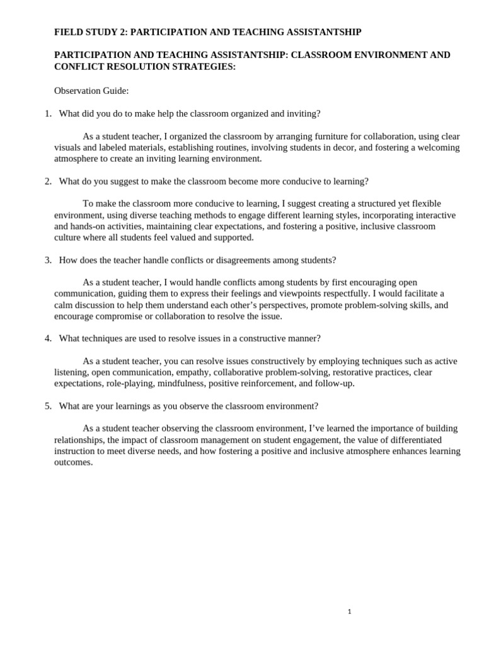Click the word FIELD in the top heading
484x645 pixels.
pos(67,31)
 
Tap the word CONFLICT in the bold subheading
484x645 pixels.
pos(78,66)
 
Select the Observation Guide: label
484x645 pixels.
pos(91,91)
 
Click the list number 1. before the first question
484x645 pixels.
pos(48,113)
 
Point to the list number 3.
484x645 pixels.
pos(48,260)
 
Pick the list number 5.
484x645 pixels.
pos(48,406)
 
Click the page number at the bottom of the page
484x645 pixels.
pos(349,612)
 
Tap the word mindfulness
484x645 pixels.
pos(181,384)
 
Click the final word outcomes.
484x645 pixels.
pos(73,462)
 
